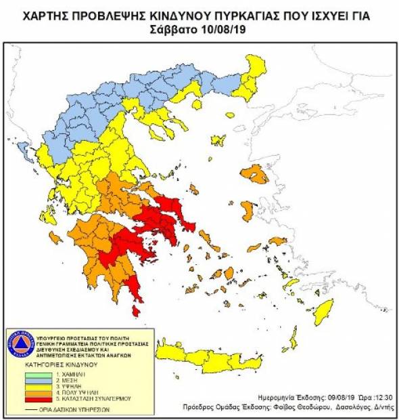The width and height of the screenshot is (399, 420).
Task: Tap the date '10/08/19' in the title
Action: [x=218, y=32]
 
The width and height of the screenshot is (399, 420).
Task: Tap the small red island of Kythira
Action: [x=137, y=310]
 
